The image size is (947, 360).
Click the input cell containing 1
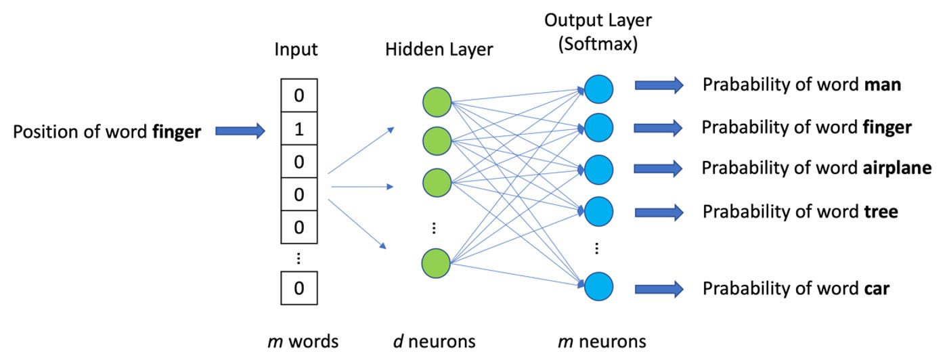[299, 129]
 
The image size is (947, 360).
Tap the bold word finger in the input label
[176, 131]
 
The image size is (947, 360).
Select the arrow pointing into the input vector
[240, 131]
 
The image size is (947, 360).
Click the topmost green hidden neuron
[437, 102]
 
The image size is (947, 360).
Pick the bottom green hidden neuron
[437, 263]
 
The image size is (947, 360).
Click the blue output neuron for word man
[599, 89]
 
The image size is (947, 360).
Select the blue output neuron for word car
[599, 285]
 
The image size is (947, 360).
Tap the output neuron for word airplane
[599, 168]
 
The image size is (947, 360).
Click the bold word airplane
[883, 168]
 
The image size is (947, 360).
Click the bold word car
[877, 288]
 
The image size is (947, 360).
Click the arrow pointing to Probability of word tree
[659, 212]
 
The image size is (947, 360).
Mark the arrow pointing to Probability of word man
[659, 85]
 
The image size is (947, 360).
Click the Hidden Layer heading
[439, 49]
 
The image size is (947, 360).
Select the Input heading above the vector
[296, 49]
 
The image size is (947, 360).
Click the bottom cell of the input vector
[299, 288]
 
